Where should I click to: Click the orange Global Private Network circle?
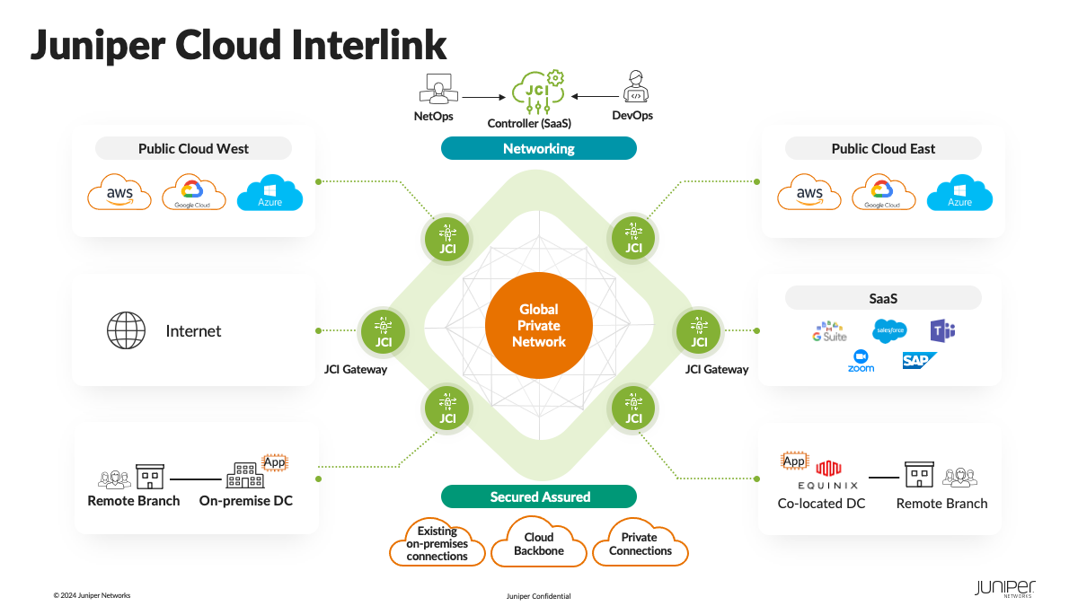click(x=538, y=325)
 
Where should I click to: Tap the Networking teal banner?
click(x=538, y=148)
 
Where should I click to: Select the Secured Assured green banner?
click(x=538, y=496)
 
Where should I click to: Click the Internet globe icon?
click(x=126, y=330)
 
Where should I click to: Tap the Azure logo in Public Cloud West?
click(x=269, y=193)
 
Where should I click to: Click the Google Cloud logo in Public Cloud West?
click(x=192, y=193)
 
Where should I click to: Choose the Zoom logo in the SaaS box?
click(x=861, y=361)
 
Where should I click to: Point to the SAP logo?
click(x=918, y=360)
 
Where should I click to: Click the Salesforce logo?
click(x=889, y=331)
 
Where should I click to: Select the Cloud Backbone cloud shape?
click(x=538, y=543)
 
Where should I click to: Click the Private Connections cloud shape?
click(x=640, y=543)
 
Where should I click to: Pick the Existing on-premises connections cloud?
click(x=437, y=543)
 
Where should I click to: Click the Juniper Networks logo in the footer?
click(x=1004, y=589)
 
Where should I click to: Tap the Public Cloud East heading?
click(x=883, y=148)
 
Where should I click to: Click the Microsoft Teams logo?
click(x=941, y=330)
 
